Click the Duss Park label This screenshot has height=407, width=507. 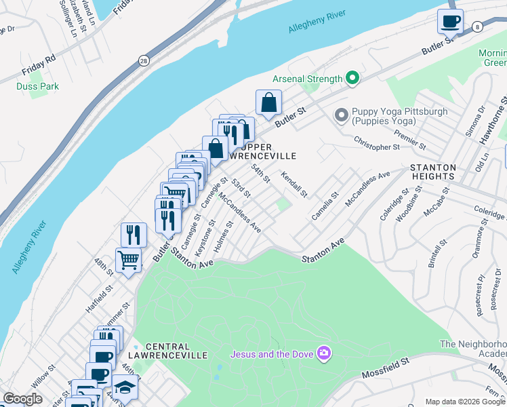click(38, 86)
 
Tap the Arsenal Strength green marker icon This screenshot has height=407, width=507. click(352, 79)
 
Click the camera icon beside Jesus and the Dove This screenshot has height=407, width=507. click(324, 353)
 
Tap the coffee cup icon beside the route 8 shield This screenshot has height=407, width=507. click(450, 21)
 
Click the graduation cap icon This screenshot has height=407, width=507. click(125, 387)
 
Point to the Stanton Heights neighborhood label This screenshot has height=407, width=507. click(432, 172)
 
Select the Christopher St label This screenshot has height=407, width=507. click(376, 142)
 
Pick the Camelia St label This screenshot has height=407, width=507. click(324, 206)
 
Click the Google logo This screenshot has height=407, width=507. click(23, 399)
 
